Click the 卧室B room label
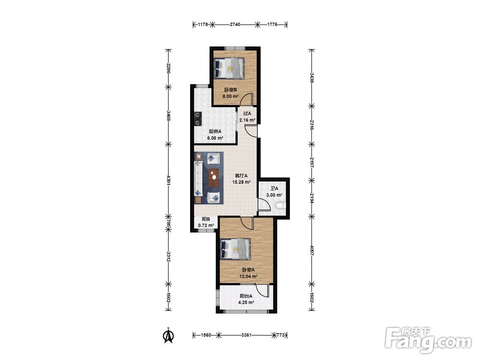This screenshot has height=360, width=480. [230, 90]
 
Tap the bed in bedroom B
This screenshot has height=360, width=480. [229, 68]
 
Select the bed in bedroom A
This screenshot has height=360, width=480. [235, 249]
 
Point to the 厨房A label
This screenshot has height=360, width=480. [215, 132]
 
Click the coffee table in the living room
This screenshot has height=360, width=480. [214, 178]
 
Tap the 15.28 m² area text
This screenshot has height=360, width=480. [241, 182]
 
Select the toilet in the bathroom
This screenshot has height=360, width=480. [281, 205]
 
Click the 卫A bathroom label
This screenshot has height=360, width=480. [274, 189]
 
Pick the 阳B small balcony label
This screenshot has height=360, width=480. [206, 219]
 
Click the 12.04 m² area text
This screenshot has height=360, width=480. [248, 276]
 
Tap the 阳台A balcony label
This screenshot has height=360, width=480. [246, 296]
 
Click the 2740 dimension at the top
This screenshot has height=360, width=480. [235, 24]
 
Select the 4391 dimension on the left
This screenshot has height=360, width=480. [168, 180]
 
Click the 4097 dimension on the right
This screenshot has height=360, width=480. [312, 251]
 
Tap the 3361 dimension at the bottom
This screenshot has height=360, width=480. [246, 335]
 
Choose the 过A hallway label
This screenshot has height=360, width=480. [247, 114]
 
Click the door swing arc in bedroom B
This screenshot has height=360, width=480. [245, 98]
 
